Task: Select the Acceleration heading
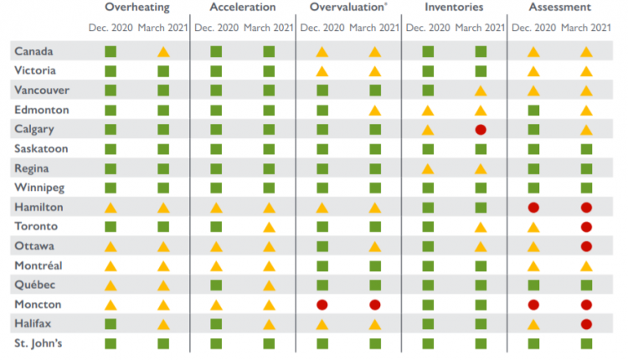tap(242, 8)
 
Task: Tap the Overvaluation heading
tap(347, 8)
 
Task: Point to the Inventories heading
tap(454, 8)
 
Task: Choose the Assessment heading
tap(559, 8)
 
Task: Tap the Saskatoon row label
tap(41, 149)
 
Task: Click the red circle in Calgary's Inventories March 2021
tap(481, 130)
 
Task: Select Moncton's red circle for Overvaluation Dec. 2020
tap(322, 305)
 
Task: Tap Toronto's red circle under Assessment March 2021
tap(586, 227)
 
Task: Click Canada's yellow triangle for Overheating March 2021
tap(163, 52)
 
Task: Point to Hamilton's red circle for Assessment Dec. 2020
tap(533, 207)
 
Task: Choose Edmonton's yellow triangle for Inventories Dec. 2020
tap(428, 111)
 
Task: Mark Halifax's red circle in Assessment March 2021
tap(586, 324)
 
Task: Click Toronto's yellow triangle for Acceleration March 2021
tap(269, 227)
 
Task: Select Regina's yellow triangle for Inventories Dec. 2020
tap(428, 168)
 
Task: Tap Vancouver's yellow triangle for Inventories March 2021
tap(481, 90)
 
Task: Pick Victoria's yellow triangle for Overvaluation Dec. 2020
tap(322, 71)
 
